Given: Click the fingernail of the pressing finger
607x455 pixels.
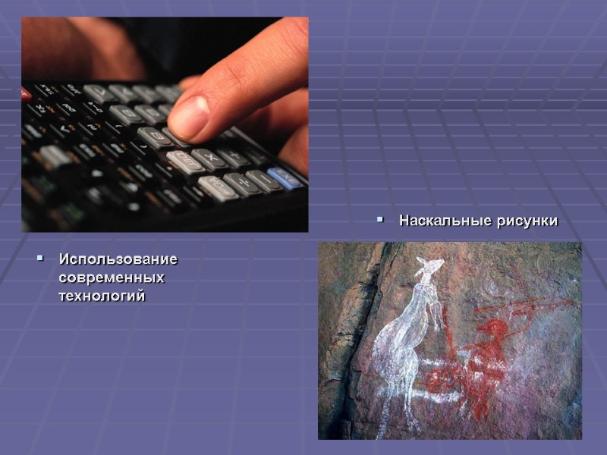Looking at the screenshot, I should [x=188, y=116].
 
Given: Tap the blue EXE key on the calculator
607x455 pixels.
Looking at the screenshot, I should [x=285, y=178].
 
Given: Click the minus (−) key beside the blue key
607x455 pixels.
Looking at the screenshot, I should [x=260, y=181].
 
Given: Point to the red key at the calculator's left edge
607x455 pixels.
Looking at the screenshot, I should [x=25, y=94].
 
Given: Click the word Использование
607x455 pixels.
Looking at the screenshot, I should [x=118, y=259].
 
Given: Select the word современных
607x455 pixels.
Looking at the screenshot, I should [x=111, y=278].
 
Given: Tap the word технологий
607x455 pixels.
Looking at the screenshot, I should [x=102, y=296].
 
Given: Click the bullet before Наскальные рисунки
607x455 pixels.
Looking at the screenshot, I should [x=381, y=221].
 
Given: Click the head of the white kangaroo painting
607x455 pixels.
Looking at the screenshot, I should [x=430, y=268].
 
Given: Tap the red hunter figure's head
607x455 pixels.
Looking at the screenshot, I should [x=494, y=329].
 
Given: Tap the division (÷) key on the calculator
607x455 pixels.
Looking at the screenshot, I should [x=236, y=184].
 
